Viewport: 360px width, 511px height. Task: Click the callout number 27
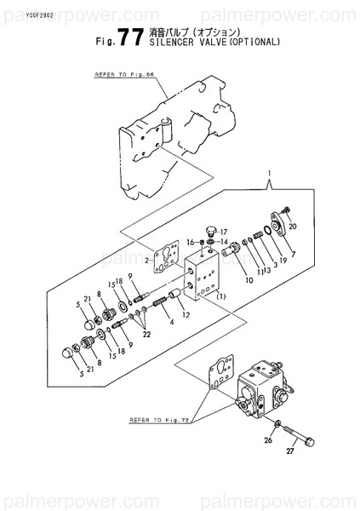coord(289,451)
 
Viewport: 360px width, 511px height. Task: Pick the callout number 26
coord(268,440)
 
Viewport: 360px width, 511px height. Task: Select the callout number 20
coord(293,227)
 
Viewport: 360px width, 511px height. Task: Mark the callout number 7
coord(293,254)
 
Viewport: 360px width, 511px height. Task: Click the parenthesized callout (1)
coord(220,296)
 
